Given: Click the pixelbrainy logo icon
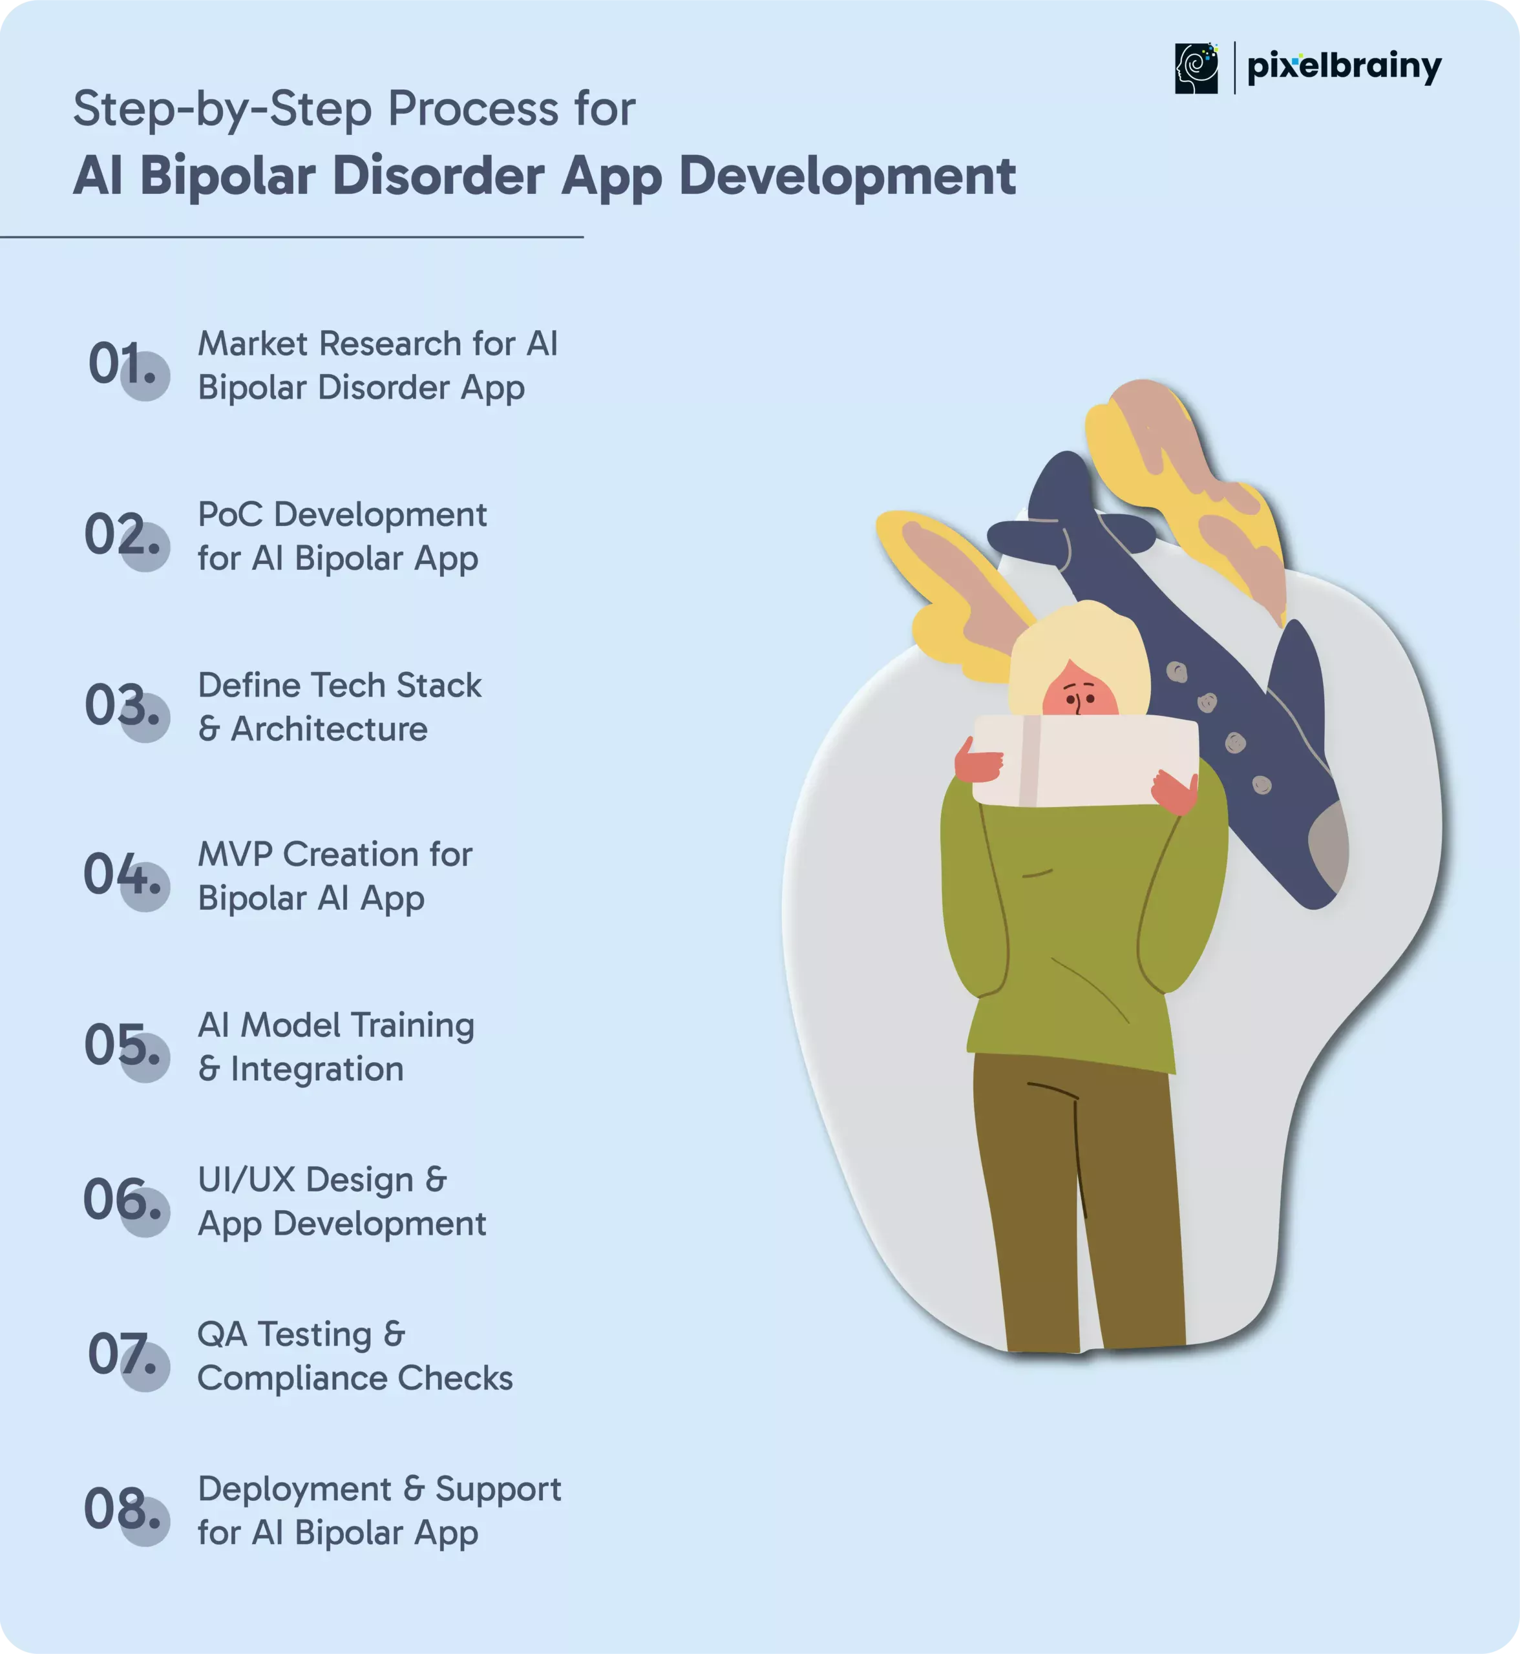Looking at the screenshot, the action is click(x=1196, y=68).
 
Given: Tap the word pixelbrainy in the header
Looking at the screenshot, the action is click(x=1344, y=67).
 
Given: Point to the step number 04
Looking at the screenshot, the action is click(x=121, y=874).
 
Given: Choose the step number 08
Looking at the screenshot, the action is click(x=121, y=1509).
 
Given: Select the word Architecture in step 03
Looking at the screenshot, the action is click(x=329, y=729).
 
